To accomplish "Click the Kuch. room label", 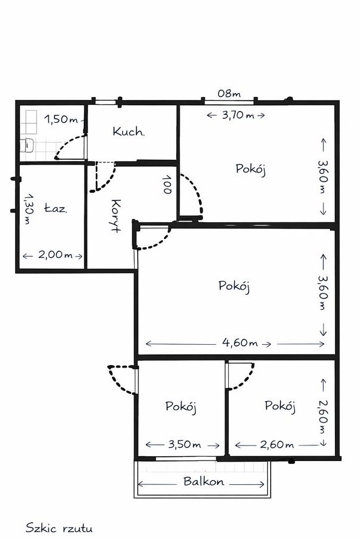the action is click(128, 131).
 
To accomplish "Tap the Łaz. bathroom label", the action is click(56, 208).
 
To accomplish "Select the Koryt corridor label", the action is click(116, 216).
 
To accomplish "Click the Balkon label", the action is click(204, 481).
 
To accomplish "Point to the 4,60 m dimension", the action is click(240, 342).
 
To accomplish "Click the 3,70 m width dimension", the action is click(238, 115).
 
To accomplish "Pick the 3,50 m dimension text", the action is click(184, 444).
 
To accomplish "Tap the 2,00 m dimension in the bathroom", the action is click(55, 254).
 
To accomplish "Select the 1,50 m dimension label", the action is click(61, 119).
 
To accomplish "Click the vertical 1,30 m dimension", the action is click(29, 209).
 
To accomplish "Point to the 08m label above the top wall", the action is click(229, 93).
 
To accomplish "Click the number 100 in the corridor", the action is click(168, 184).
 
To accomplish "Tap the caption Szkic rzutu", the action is click(59, 528).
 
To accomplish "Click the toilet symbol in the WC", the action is click(26, 145).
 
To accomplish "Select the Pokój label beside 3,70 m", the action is click(251, 169).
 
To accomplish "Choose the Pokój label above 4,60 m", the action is click(234, 286).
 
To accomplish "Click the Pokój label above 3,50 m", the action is click(181, 406).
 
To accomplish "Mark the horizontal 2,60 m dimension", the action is click(277, 445).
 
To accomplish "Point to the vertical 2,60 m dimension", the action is click(323, 417).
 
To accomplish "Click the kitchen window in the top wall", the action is click(106, 102).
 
